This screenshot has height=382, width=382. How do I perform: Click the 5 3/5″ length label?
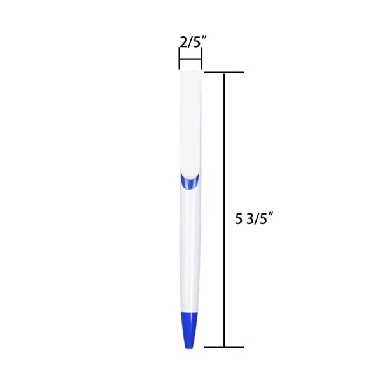(255, 220)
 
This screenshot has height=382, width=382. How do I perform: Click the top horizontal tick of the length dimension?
(224, 73)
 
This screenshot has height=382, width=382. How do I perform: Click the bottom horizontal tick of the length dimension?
(224, 347)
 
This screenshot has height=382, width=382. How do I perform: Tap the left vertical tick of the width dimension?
(180, 62)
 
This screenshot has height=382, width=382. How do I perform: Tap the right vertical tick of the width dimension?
(201, 62)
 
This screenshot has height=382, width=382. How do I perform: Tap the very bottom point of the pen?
(188, 348)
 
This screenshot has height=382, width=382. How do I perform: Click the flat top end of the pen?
(191, 73)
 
